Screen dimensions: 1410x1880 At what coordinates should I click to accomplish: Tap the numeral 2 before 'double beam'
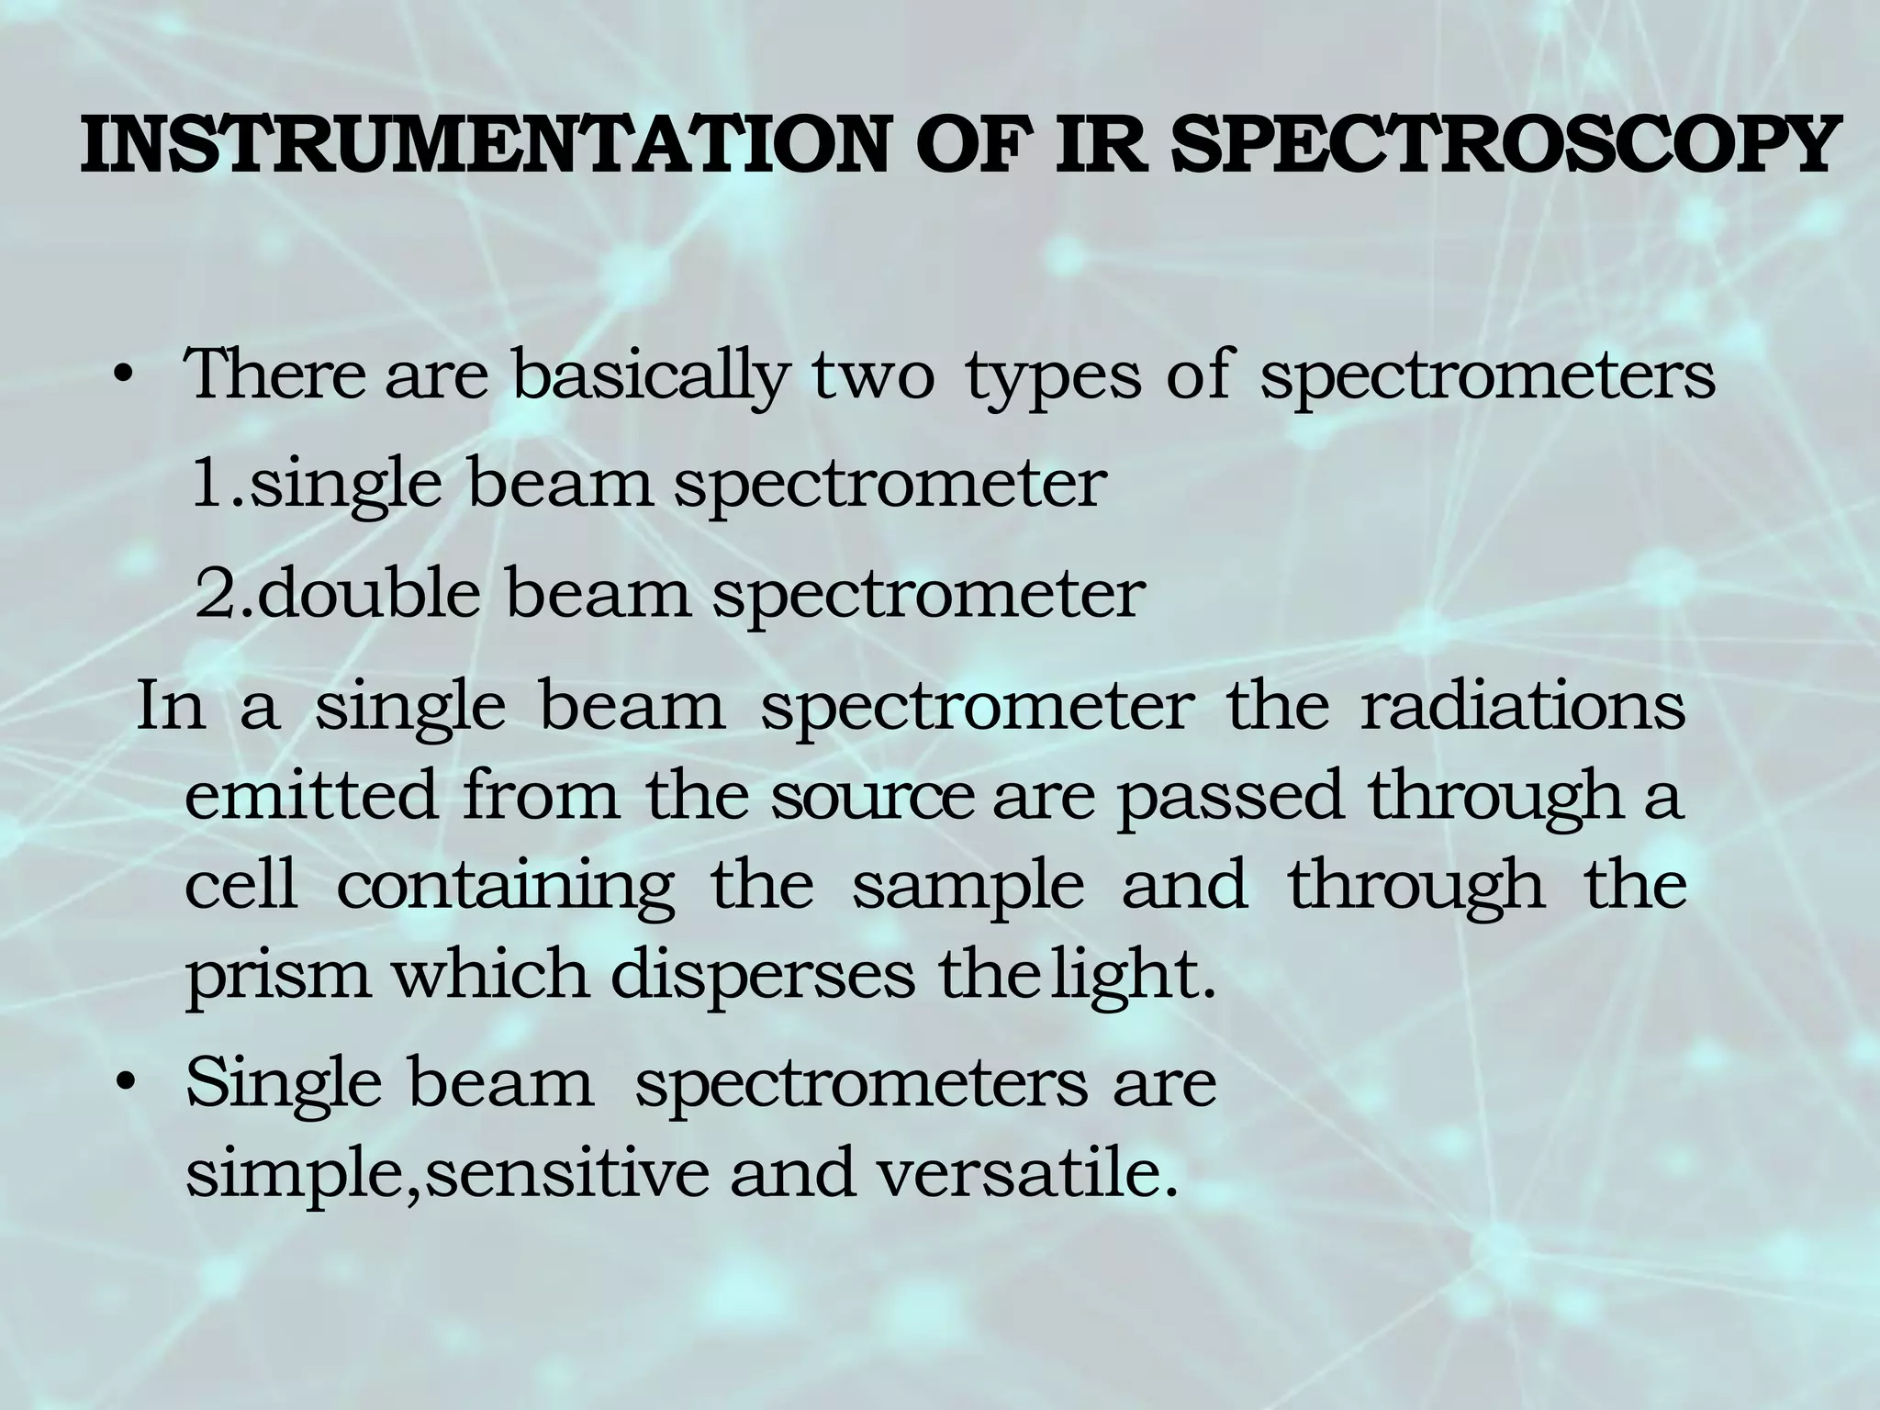pos(216,594)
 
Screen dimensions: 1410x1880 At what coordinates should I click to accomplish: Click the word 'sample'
pos(968,888)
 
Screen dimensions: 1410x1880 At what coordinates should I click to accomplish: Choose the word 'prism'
pos(278,977)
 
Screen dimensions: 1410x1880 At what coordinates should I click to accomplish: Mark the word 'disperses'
pos(763,977)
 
